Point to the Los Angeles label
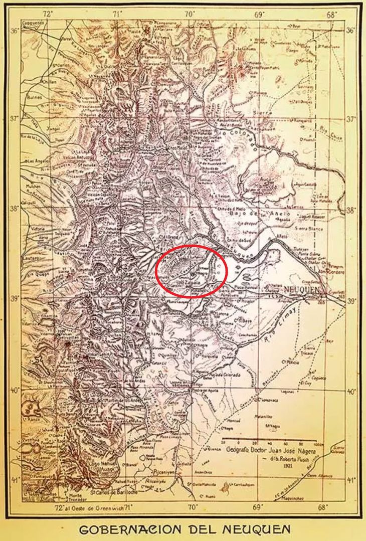point(39,161)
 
